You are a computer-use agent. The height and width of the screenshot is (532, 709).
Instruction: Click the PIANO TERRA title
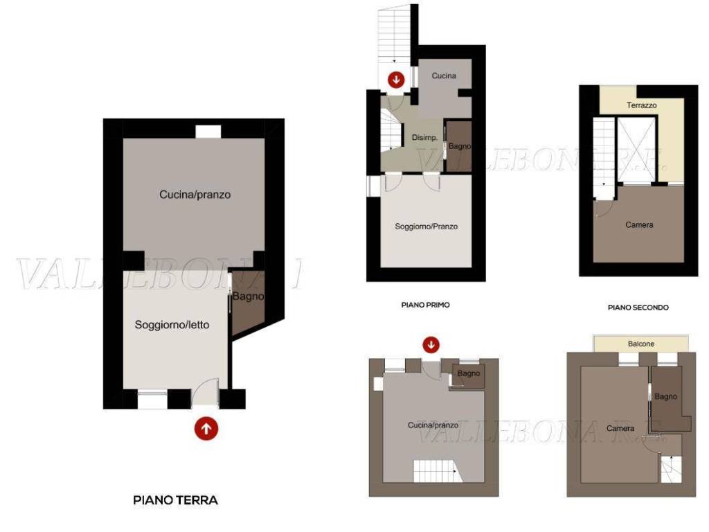pos(175,499)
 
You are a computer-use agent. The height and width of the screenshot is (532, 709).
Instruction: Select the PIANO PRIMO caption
pos(425,304)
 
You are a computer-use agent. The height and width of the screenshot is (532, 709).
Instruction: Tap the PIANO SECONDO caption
pos(638,307)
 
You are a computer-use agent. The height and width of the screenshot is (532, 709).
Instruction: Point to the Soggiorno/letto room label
pos(172,324)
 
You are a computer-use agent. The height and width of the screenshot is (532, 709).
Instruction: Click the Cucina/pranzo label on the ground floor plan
pos(195,195)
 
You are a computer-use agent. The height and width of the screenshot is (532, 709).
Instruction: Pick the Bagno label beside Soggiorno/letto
pos(247,297)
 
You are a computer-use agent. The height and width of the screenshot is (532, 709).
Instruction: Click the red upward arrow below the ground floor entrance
pos(206,428)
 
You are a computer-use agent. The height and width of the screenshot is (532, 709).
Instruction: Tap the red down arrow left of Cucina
pos(396,79)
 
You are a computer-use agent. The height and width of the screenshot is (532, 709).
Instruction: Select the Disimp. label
pos(424,138)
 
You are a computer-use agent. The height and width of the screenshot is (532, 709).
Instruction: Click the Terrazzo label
pos(641,105)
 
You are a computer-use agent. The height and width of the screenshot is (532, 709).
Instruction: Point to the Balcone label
pos(641,344)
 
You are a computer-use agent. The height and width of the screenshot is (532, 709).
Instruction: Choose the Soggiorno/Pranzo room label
pos(426,227)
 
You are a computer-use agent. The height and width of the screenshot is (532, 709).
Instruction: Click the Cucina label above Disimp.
pos(444,76)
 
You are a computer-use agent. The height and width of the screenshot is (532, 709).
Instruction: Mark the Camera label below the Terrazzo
pos(638,224)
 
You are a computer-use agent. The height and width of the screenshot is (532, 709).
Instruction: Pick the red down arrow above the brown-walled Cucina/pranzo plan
pos(431,344)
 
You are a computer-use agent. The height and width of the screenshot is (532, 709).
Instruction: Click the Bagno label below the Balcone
pos(665,396)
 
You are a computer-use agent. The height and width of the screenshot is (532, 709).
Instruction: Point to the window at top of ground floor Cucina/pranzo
pos(208,132)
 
